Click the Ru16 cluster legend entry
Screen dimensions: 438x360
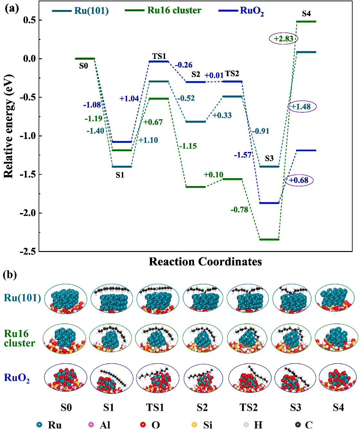point(163,10)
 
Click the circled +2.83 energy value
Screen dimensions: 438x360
point(283,39)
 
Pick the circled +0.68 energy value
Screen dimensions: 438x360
point(299,180)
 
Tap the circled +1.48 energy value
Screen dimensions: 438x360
point(302,107)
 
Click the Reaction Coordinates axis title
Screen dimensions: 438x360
point(205,262)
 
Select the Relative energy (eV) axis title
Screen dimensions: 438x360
point(9,126)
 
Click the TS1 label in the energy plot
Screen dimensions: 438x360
point(159,56)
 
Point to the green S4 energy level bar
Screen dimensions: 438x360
point(306,22)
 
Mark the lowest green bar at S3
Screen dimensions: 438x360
point(269,239)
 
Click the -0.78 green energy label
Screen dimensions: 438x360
point(239,210)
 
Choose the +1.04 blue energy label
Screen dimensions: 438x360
point(129,98)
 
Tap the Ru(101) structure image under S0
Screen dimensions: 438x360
point(66,299)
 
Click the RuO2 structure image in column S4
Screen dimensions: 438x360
point(338,377)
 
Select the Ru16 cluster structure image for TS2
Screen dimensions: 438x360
point(247,339)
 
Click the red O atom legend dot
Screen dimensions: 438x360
point(143,425)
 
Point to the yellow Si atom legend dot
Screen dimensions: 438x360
point(194,425)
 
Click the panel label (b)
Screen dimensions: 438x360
point(10,275)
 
